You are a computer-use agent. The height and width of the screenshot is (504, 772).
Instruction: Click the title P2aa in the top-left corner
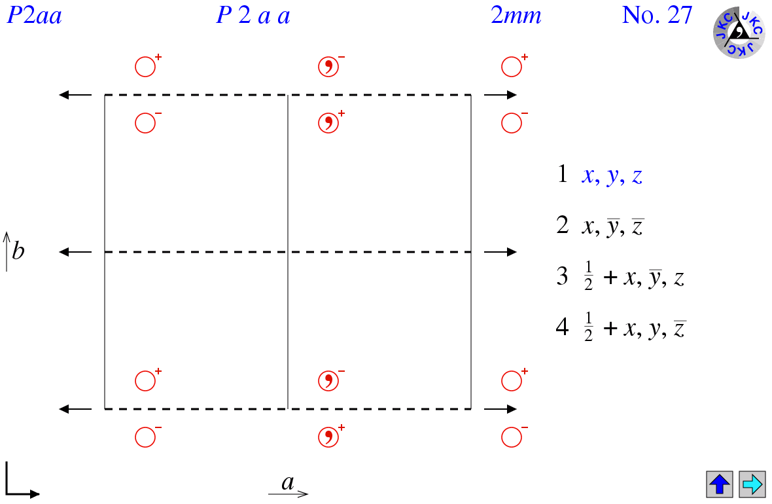coord(34,16)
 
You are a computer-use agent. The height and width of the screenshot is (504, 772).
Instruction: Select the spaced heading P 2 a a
coord(253,16)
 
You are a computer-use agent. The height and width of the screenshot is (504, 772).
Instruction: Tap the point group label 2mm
coord(516,16)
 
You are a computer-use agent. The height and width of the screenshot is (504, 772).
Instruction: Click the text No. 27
coord(656,16)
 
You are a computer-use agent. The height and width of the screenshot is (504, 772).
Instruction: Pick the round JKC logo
coord(739,33)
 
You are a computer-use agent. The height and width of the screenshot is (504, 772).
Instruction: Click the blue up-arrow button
coord(720,484)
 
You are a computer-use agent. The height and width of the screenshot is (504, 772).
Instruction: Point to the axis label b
coord(18,251)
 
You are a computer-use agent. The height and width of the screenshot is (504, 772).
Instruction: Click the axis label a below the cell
coord(288,483)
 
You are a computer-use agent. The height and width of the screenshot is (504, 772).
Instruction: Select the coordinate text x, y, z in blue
coord(612,175)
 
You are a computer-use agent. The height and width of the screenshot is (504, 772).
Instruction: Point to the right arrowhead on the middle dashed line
coord(512,252)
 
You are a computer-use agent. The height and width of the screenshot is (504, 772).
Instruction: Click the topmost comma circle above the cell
coord(328,66)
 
